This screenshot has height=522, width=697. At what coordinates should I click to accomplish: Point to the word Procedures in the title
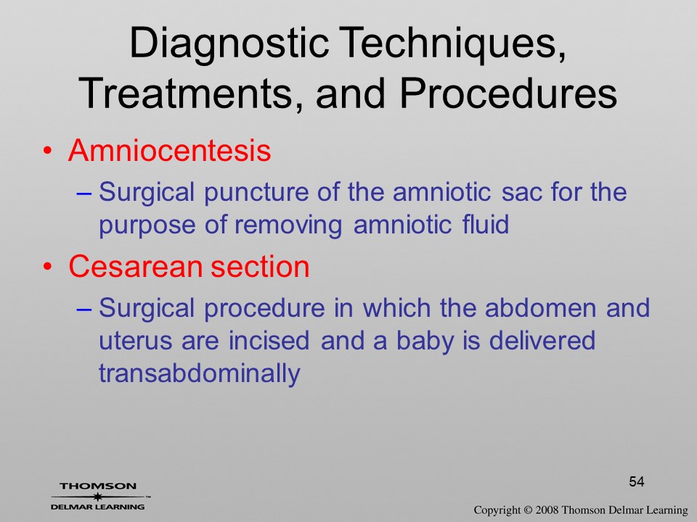tap(508, 94)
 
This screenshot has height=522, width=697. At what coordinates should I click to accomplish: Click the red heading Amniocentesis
tap(169, 150)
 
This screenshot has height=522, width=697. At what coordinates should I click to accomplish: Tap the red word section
tap(260, 266)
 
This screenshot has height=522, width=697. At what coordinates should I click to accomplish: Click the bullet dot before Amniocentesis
tap(47, 152)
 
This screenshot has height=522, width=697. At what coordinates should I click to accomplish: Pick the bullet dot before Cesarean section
tap(47, 268)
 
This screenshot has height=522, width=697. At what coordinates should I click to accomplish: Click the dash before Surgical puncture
tap(84, 194)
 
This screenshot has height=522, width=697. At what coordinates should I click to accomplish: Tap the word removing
tap(288, 225)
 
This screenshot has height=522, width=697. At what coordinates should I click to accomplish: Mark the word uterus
tap(135, 341)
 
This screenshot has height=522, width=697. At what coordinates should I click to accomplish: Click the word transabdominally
tap(200, 373)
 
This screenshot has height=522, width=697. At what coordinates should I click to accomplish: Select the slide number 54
tap(637, 481)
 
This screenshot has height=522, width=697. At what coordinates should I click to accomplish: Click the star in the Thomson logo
tap(97, 497)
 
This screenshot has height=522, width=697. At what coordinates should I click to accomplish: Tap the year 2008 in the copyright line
tap(546, 510)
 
